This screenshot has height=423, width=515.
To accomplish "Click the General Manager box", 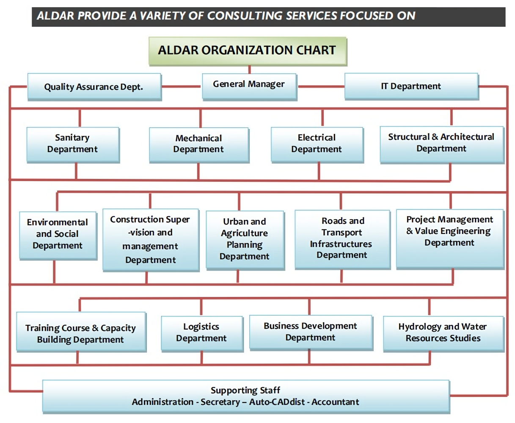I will [249, 86].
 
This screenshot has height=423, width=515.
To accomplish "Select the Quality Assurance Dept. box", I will [94, 87].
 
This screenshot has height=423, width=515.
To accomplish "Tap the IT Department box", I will [411, 86].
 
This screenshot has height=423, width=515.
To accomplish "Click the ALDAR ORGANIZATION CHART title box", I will [248, 51].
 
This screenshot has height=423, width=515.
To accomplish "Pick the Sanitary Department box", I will [73, 144].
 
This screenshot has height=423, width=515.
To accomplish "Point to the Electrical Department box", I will [317, 144].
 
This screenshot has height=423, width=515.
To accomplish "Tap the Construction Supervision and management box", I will [151, 240].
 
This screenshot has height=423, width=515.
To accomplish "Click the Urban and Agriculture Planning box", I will [245, 240].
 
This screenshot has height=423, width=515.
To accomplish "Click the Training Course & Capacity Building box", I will [81, 334].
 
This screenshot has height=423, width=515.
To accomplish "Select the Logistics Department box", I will [202, 333].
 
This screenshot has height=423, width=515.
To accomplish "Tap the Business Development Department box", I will [311, 332].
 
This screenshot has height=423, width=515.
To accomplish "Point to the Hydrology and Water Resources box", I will [443, 333].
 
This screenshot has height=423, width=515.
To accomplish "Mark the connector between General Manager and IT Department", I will [320, 86].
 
